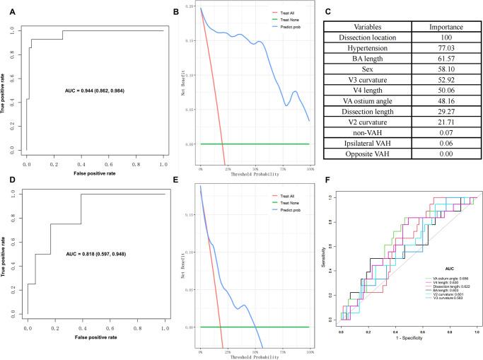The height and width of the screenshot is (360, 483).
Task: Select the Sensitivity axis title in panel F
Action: pos(325,260)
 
